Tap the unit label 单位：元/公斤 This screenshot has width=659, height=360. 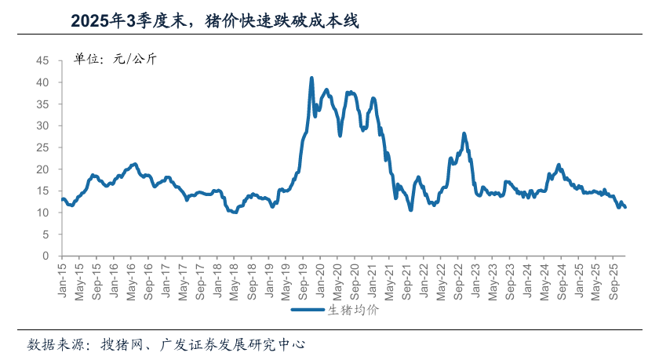pos(115,59)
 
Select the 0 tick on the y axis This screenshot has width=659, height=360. pos(46,256)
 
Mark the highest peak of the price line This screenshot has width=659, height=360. pos(311,78)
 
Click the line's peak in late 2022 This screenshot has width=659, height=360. pos(464,133)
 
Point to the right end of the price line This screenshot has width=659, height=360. pos(625,207)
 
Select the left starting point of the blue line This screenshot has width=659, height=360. pos(62,199)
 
